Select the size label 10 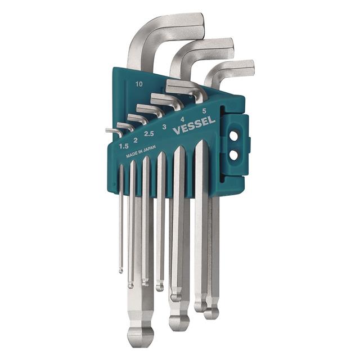138,84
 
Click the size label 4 182,119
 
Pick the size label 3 164,127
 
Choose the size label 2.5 149,134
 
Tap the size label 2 136,139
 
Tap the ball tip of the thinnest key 121,271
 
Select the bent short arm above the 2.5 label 138,119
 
